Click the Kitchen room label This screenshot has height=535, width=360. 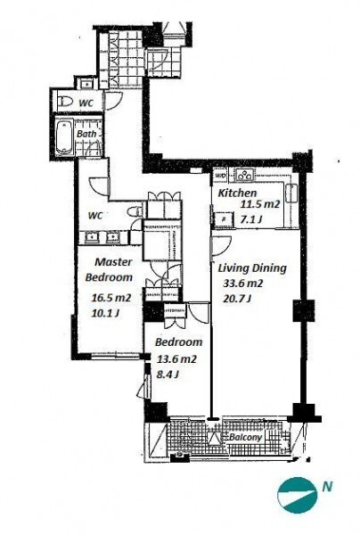point(237,193)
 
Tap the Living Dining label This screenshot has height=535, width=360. point(252,268)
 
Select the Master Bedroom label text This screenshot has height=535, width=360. point(109,269)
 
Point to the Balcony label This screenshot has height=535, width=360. point(245,437)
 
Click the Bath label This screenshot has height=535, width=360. point(86,134)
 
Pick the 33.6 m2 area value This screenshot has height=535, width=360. point(243,284)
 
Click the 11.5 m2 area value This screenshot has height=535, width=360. point(260,205)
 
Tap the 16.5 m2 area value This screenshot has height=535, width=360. point(111,298)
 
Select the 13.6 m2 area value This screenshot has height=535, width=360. point(176,359)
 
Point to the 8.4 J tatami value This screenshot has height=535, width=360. point(168,374)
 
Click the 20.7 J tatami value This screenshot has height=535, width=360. point(237,300)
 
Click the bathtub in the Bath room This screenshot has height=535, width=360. point(64,136)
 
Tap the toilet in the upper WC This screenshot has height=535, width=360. point(65,101)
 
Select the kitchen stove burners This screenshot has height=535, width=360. point(245,175)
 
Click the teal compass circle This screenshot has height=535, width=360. point(298,496)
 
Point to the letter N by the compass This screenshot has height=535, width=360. point(327,487)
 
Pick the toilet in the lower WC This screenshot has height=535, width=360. point(135,211)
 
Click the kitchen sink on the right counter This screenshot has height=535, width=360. point(292,193)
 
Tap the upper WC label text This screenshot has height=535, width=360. point(86,103)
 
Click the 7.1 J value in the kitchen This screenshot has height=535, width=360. point(251,219)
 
